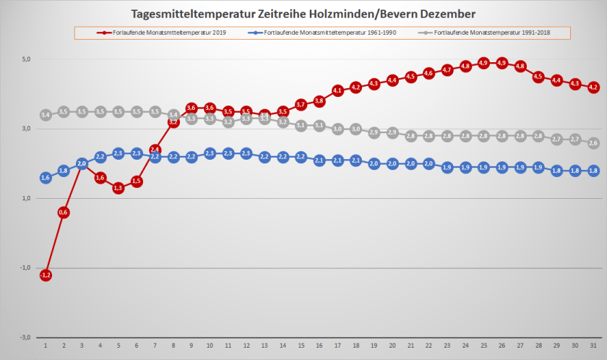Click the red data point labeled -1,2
[46, 275]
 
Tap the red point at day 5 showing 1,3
[119, 188]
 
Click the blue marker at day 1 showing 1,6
[46, 178]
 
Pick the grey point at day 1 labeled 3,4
[46, 115]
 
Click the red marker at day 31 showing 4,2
[593, 87]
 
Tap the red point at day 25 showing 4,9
[483, 63]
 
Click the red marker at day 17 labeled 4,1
[337, 90]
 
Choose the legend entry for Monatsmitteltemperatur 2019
[160, 33]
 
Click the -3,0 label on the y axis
[24, 337]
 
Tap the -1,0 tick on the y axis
[24, 267]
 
